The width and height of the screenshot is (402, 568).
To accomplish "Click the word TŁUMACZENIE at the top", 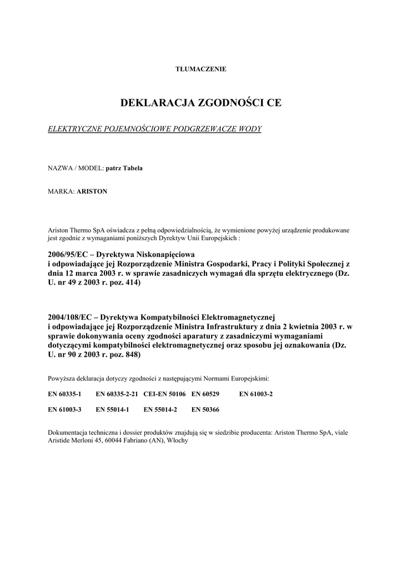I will click(200, 69).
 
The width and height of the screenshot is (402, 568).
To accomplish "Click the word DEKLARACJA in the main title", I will click(152, 103).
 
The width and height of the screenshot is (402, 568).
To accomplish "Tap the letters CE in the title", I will click(274, 103).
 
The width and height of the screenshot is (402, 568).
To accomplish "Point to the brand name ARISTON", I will click(92, 191).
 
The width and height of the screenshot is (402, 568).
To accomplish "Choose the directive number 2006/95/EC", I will click(68, 253).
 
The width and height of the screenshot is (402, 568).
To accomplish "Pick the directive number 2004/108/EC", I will click(71, 317).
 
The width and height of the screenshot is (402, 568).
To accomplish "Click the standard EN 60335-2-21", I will click(117, 394).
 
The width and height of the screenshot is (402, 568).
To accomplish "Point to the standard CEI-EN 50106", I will click(165, 394).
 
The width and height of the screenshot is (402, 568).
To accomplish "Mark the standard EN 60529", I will click(205, 394).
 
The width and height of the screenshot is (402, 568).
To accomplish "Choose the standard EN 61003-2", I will click(256, 394).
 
